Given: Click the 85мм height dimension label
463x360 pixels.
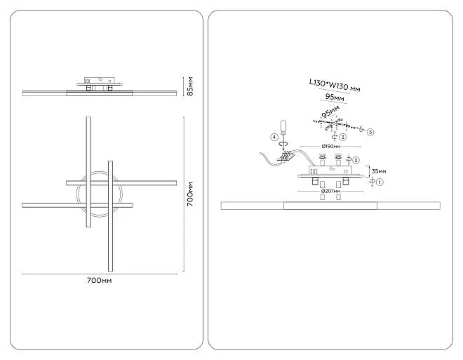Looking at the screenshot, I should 189,87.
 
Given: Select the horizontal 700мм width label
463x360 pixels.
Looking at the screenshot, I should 99,280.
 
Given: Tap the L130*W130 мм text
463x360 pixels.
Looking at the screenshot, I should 335,88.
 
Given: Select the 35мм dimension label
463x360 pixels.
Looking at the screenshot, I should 378,171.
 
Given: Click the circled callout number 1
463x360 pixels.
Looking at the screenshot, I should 380,182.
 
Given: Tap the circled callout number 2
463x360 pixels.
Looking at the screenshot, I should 356,159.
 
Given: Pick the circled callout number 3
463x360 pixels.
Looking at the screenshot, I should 343,137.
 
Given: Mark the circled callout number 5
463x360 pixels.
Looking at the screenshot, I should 370,131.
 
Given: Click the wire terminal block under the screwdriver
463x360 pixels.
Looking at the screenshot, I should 286,158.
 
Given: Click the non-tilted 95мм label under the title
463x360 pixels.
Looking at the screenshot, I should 335,99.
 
